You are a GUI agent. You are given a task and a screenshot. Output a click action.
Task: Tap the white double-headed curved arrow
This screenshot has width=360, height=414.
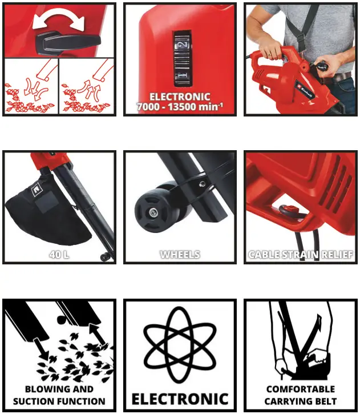[x=58, y=21]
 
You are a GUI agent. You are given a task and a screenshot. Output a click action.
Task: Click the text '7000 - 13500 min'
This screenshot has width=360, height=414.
[x=179, y=107]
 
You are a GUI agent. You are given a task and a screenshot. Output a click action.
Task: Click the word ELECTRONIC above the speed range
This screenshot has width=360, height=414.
[x=179, y=97]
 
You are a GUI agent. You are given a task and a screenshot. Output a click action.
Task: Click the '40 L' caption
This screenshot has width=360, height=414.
[x=59, y=254]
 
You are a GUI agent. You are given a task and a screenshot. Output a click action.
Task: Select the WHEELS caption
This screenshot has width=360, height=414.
[x=180, y=254]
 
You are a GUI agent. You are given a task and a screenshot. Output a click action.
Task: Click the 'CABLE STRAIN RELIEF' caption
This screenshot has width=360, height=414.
[x=300, y=255]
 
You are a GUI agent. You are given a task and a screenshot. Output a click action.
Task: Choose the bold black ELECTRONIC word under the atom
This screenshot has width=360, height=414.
[x=180, y=399]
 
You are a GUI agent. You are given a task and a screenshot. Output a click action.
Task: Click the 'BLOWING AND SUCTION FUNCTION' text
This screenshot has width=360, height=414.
[x=59, y=395]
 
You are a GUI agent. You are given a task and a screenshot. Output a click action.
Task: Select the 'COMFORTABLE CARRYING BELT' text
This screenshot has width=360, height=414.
[x=301, y=395]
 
